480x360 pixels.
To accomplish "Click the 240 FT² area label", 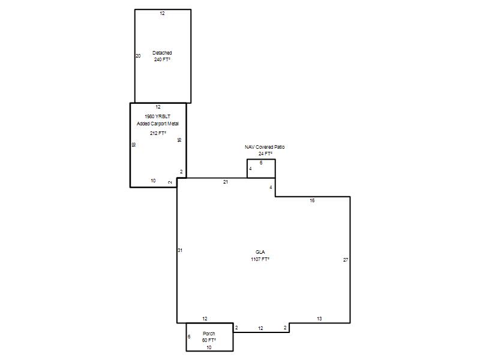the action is pyautogui.click(x=162, y=59).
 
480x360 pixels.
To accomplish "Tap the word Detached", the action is pyautogui.click(x=162, y=53).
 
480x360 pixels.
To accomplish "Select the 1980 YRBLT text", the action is pyautogui.click(x=158, y=116).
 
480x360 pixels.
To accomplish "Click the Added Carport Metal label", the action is pyautogui.click(x=158, y=124).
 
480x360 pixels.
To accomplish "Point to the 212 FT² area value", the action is pyautogui.click(x=158, y=133).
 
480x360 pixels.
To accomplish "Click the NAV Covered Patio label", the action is pyautogui.click(x=265, y=147).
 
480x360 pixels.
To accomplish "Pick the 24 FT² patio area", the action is pyautogui.click(x=265, y=154).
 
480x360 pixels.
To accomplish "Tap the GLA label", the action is pyautogui.click(x=260, y=252).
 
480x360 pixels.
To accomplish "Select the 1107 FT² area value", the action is pyautogui.click(x=260, y=259).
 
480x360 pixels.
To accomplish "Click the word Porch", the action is pyautogui.click(x=209, y=334).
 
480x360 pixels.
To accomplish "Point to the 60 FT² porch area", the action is pyautogui.click(x=209, y=340).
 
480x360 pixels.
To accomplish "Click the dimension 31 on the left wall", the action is pyautogui.click(x=180, y=250).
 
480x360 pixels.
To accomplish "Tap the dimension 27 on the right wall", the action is pyautogui.click(x=346, y=260).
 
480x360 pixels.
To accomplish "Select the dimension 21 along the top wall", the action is pyautogui.click(x=226, y=182).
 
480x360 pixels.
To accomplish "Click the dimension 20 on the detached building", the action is pyautogui.click(x=138, y=56).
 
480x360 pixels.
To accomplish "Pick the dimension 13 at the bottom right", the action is pyautogui.click(x=319, y=319).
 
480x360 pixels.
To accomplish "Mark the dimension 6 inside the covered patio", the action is pyautogui.click(x=261, y=163).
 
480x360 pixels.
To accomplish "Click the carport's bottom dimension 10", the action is pyautogui.click(x=153, y=181).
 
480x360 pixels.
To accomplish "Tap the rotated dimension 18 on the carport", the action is pyautogui.click(x=133, y=145).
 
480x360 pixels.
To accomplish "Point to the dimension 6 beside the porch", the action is pyautogui.click(x=189, y=337).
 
